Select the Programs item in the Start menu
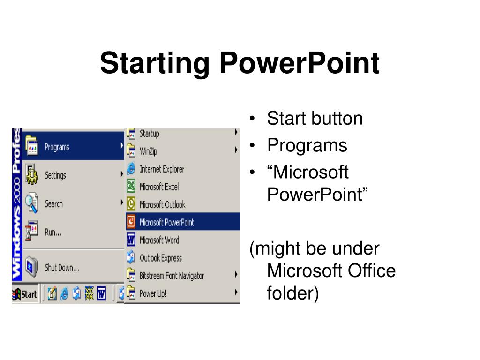coord(57,147)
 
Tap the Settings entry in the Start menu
coord(55,175)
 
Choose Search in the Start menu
coord(53,203)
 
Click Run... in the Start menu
coord(52,232)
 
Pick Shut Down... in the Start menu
coord(61,268)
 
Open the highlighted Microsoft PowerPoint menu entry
coord(166,222)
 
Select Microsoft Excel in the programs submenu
coord(159,187)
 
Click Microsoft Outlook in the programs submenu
coord(162,204)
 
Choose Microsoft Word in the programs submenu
coord(159,240)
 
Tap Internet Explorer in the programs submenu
coord(162,169)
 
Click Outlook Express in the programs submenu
coord(160,258)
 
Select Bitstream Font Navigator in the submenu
coord(172,276)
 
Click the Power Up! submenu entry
coord(153,294)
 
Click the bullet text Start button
coord(315,119)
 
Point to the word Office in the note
coord(371,270)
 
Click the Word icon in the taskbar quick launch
coord(101,294)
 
